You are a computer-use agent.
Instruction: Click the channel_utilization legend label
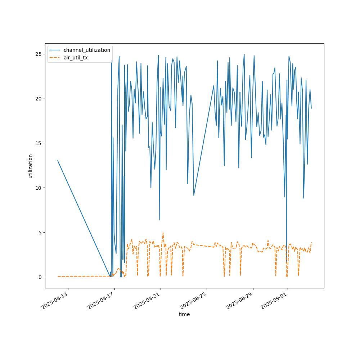tap(87, 50)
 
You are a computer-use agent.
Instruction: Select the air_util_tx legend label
tap(76, 57)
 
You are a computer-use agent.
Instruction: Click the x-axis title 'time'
tap(184, 314)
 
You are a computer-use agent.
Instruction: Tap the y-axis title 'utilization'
tap(31, 166)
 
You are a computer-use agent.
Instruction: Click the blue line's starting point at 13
tap(58, 161)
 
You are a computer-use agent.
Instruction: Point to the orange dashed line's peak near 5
tap(163, 233)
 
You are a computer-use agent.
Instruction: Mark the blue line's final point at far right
tap(311, 108)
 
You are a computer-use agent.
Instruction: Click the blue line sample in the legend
tap(55, 50)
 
